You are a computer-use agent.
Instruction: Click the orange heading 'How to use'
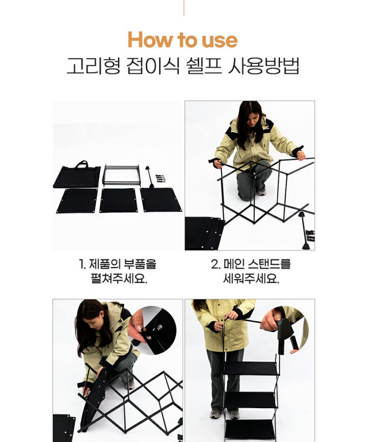click(x=182, y=40)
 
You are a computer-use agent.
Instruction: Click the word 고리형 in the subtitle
click(x=94, y=66)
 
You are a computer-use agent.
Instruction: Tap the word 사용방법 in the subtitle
click(x=263, y=66)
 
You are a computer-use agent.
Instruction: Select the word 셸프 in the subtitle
click(x=204, y=66)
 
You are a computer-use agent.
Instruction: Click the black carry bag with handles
click(x=77, y=175)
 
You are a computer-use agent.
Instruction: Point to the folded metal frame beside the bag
click(x=122, y=175)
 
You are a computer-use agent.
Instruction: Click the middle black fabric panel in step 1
click(x=118, y=200)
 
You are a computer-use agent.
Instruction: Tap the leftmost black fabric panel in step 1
click(x=77, y=201)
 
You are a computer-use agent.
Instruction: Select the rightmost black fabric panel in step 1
click(x=160, y=200)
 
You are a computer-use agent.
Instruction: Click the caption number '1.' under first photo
click(x=82, y=264)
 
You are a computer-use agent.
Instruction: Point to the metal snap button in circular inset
click(x=160, y=327)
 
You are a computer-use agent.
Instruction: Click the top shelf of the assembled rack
click(x=250, y=368)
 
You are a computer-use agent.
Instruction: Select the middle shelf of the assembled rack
click(x=250, y=400)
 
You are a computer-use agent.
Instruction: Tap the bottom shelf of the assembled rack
click(x=250, y=429)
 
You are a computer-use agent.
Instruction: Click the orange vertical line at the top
click(x=184, y=8)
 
